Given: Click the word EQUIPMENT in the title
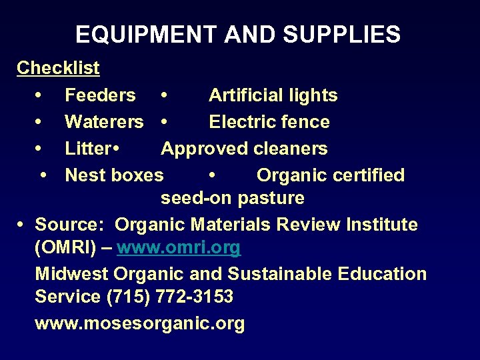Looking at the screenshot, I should point(147,34).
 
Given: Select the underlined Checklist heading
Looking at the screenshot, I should point(58,68).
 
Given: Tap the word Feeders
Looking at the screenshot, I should point(100,95).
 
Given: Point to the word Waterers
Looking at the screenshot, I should point(104,122).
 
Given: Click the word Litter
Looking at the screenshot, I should point(89,149).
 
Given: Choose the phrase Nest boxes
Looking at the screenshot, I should point(114,175).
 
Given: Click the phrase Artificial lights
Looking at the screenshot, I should point(273,95).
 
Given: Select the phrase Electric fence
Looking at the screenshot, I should point(269,122).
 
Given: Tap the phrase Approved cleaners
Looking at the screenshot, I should point(244,149).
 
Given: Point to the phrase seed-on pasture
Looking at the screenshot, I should point(233,198).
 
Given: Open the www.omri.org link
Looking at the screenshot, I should point(179,248).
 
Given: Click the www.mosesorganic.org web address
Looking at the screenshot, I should point(140,324).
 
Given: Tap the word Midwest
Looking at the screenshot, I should point(72,274).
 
